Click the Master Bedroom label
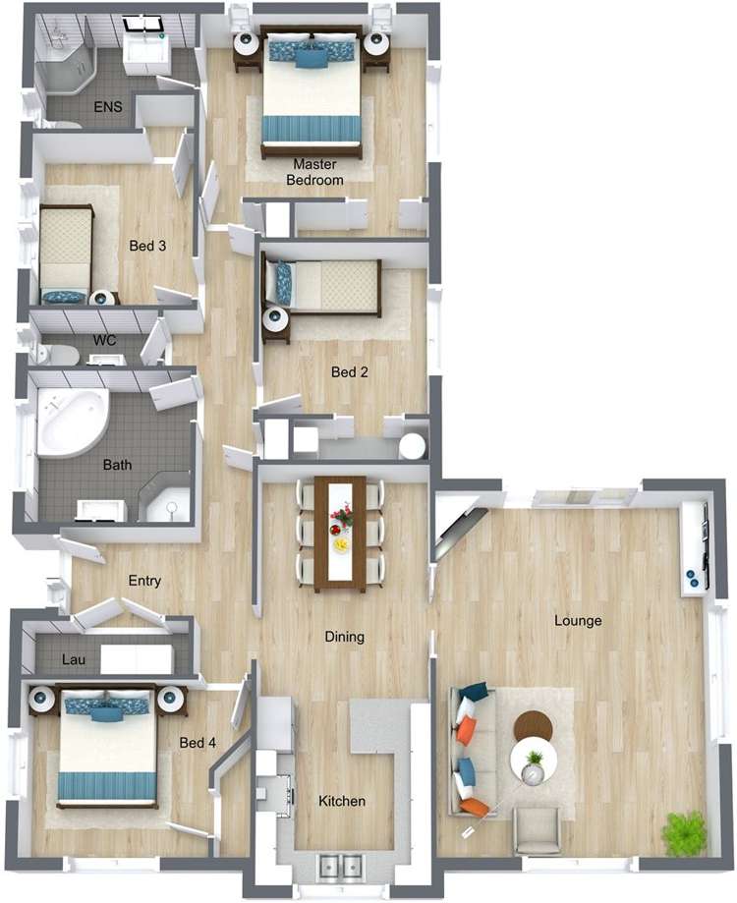click(314, 173)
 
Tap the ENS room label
click(107, 106)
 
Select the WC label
click(104, 340)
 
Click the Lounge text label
click(578, 621)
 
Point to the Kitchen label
click(342, 802)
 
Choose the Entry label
click(144, 581)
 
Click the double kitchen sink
click(340, 866)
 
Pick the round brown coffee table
click(534, 726)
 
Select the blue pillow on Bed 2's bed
click(284, 283)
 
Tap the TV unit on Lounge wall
click(695, 546)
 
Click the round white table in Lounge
click(534, 762)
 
